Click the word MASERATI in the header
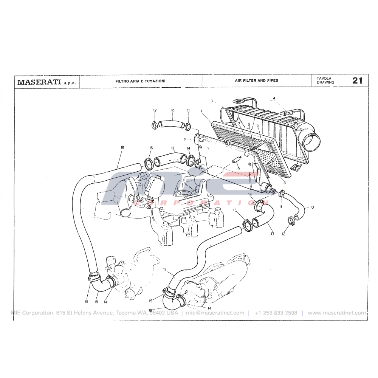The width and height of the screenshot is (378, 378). (39, 82)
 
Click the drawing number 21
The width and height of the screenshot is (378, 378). (357, 81)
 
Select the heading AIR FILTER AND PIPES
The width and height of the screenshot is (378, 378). (257, 80)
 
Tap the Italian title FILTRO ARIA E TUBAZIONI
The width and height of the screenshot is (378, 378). (140, 81)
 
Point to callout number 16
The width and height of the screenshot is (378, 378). (122, 147)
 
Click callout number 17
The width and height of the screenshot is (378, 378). (165, 270)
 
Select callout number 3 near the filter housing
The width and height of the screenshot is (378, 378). (211, 101)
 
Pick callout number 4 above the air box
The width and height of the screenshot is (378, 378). (274, 98)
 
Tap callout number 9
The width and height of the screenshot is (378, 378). (239, 169)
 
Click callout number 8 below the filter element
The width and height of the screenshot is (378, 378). (285, 183)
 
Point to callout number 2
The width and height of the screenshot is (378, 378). (184, 139)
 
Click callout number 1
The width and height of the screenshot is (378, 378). (201, 111)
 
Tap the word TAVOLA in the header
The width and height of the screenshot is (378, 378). (324, 78)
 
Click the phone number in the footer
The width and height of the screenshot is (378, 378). (276, 313)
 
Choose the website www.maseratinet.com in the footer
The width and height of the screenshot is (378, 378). (337, 313)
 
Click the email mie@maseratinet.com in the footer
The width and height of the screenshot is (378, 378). (215, 313)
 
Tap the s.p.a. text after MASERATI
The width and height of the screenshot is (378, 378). (70, 83)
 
